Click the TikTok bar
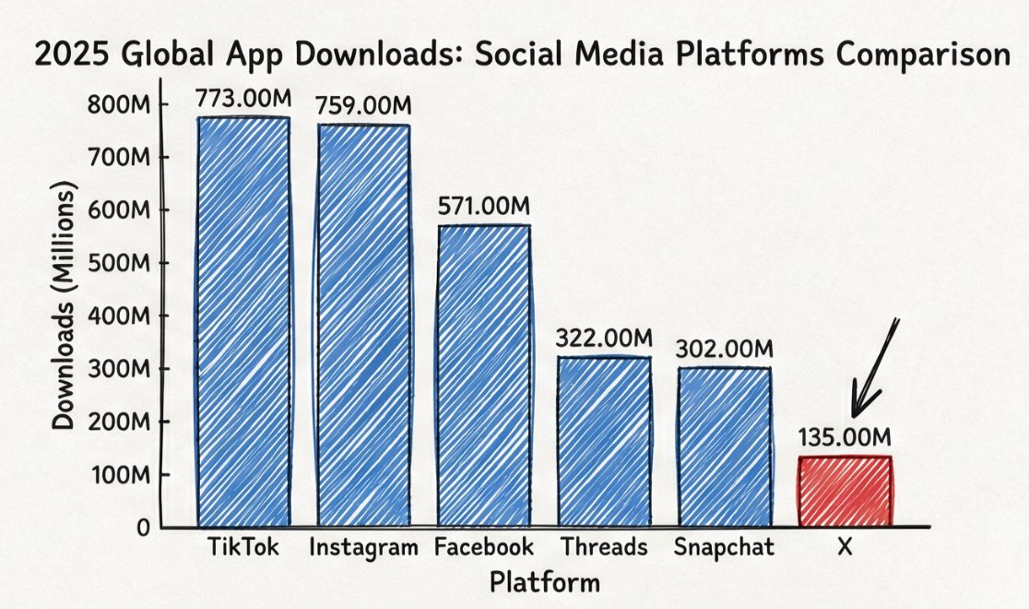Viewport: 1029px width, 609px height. point(242,323)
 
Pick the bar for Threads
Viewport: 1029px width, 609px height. point(604,442)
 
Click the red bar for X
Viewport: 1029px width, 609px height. point(846,492)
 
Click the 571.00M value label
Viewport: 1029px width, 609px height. point(485,207)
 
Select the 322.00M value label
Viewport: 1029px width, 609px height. point(604,339)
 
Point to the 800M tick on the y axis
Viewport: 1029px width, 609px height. point(118,104)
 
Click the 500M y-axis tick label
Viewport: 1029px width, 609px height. point(118,263)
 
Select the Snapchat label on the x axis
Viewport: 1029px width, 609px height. point(724,547)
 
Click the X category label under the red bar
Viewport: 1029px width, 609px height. point(844,547)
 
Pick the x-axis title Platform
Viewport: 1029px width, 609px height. point(544,583)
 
